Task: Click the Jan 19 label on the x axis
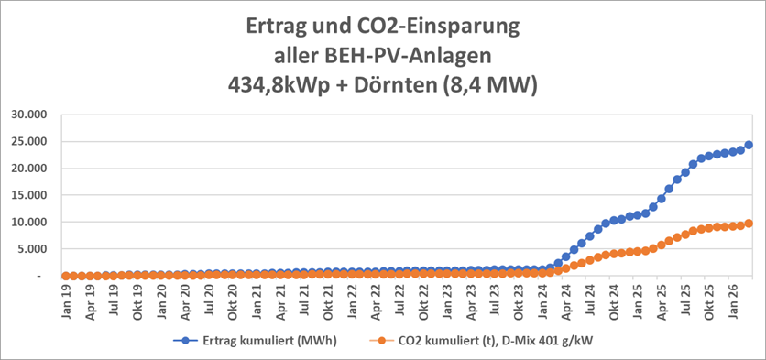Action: click(x=67, y=298)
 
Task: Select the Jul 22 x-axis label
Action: click(x=399, y=298)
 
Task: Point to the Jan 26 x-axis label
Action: click(x=733, y=298)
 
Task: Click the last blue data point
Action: click(x=749, y=145)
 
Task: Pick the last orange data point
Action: click(x=749, y=224)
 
